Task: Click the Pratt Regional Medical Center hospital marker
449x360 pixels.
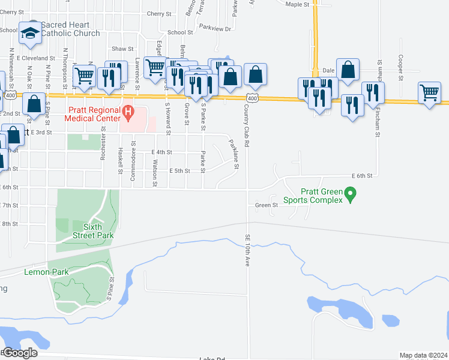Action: click(127, 112)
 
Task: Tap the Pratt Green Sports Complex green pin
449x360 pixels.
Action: click(352, 193)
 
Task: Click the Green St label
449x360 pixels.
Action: click(266, 205)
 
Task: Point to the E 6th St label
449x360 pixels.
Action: click(363, 176)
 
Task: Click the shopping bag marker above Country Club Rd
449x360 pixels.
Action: click(256, 74)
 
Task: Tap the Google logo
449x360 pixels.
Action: click(19, 353)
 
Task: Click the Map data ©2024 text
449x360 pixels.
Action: click(423, 355)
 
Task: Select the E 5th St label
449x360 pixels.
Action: click(179, 171)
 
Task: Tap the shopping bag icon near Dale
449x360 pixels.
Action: click(348, 69)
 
